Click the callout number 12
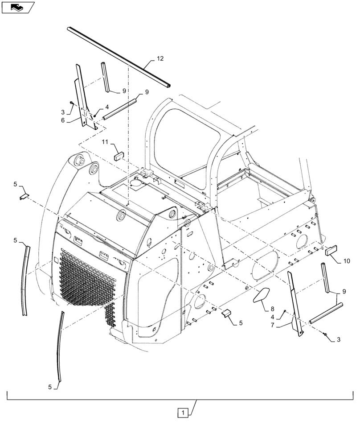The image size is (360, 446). (160, 59)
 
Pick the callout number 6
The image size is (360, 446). (63, 120)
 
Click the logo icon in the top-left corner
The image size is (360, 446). (17, 7)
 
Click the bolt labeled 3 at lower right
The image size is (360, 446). (325, 334)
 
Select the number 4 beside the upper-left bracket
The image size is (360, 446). (107, 107)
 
